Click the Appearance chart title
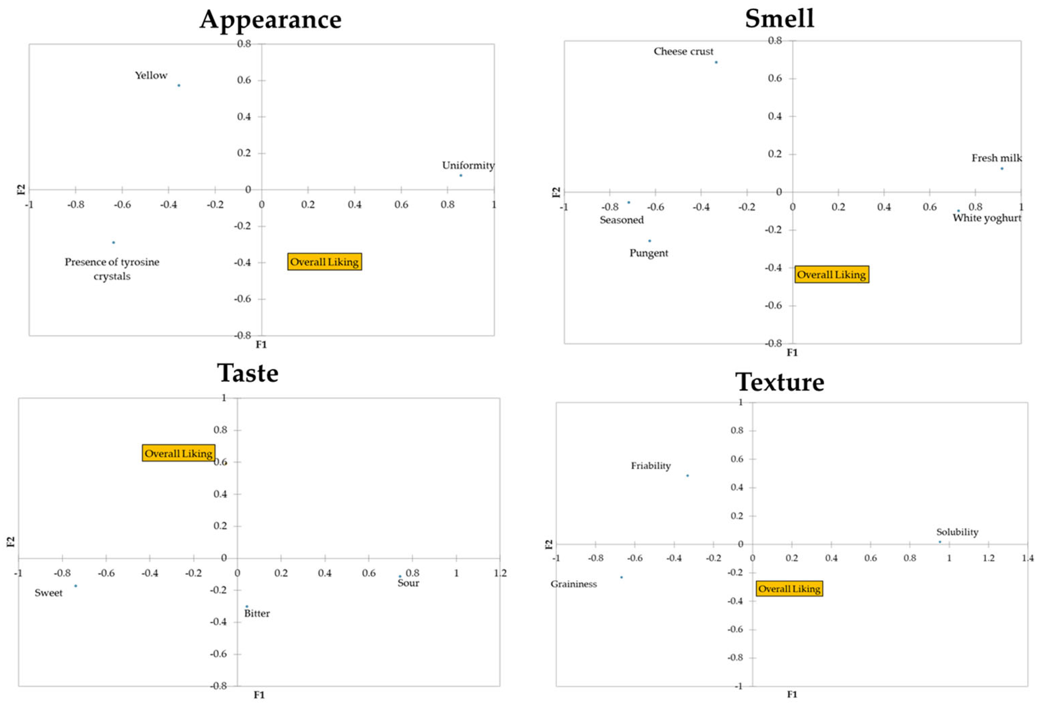[x=270, y=20]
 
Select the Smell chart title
[x=779, y=19]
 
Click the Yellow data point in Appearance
[x=179, y=85]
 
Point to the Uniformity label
[x=468, y=166]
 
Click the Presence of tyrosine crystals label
[x=112, y=269]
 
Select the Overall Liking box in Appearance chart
[x=324, y=262]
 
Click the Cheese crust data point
[x=716, y=62]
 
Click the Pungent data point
[x=649, y=241]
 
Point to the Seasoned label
[x=621, y=220]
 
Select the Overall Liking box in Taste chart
[x=179, y=453]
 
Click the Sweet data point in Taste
[x=75, y=586]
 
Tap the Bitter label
[x=257, y=614]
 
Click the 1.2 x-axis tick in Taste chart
[x=500, y=573]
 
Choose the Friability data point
[x=687, y=476]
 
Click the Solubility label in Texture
[x=957, y=532]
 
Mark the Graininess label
[x=574, y=584]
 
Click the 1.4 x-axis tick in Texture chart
[x=1028, y=558]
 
